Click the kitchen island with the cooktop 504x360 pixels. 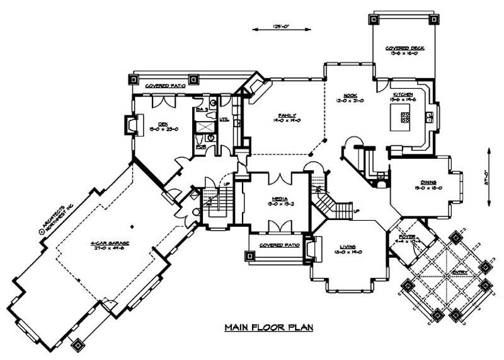401,117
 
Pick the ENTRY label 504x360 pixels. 452,272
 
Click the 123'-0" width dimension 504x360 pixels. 280,28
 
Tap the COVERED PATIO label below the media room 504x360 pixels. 275,243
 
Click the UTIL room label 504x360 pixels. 224,119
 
